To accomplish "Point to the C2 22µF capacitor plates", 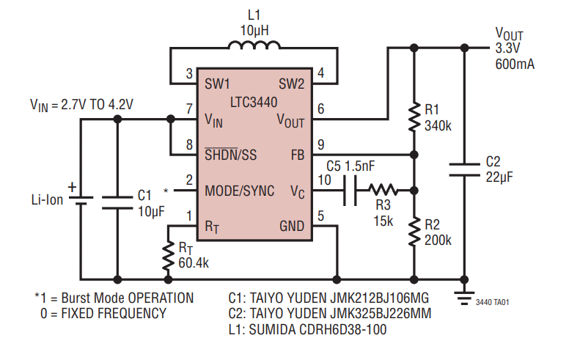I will point(464,169).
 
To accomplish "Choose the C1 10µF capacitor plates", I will point(116,202).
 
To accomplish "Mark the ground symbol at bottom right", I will point(463,295).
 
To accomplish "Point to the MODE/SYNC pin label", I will point(239,191).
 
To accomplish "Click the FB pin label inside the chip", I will point(296,155).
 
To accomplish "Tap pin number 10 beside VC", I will point(324,179).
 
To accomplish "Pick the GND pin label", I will point(291,227).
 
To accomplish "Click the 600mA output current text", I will point(515,64).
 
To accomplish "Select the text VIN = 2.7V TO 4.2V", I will point(81,104).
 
